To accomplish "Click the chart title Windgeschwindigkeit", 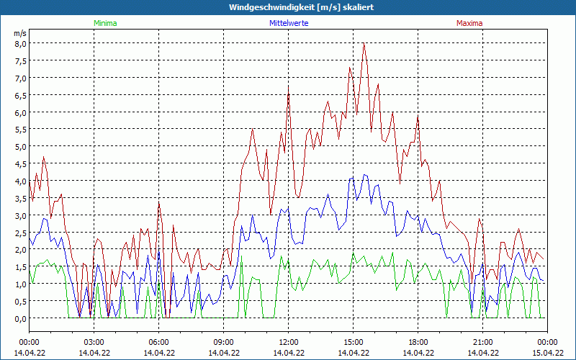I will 288,6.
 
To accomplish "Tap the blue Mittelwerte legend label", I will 288,23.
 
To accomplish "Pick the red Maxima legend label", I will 469,23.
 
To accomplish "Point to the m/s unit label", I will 20,33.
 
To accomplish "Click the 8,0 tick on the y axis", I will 20,43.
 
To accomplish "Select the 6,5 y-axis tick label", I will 20,95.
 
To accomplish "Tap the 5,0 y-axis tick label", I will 20,146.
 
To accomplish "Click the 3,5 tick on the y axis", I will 20,198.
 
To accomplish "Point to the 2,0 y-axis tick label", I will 20,249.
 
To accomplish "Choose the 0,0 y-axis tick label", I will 20,318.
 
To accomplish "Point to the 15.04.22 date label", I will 547,353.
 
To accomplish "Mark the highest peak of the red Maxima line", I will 364,44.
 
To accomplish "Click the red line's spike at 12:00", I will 289,88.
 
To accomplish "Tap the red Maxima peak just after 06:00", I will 159,203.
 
